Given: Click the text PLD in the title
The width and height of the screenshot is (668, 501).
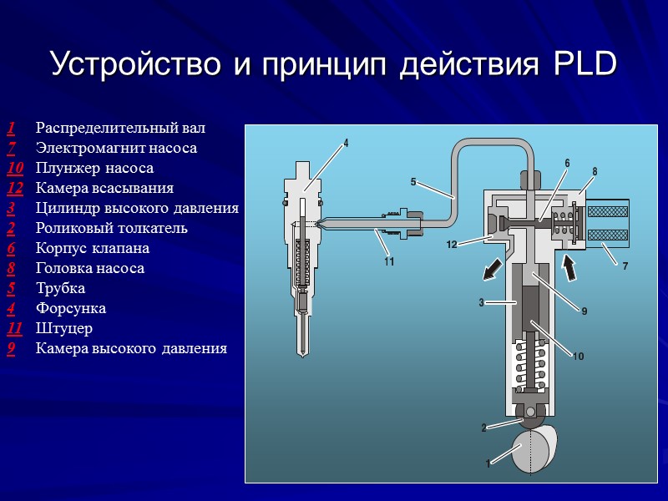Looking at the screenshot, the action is (585, 64).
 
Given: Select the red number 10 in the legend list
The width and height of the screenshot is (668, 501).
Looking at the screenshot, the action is (15, 168).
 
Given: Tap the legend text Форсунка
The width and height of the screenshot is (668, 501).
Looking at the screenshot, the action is (71, 308).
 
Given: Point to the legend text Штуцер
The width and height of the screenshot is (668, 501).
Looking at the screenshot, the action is (64, 328).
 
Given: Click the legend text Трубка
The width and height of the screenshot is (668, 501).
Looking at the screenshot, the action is (60, 288).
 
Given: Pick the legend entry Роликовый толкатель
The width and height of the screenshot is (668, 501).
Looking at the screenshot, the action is (112, 228).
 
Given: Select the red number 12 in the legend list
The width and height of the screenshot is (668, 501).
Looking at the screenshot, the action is (15, 188).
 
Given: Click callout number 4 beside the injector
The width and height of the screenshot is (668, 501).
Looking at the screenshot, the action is (346, 143).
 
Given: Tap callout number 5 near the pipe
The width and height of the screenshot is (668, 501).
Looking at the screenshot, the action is (413, 182).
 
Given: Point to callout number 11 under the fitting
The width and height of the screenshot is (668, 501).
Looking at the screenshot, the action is (389, 261).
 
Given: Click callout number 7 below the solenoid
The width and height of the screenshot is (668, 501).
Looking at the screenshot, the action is (625, 266).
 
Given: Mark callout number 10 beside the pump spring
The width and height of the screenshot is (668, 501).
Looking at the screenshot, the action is (578, 356).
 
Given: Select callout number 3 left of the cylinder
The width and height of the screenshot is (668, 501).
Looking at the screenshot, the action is (482, 302).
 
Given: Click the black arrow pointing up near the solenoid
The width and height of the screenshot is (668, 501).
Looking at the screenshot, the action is (569, 267).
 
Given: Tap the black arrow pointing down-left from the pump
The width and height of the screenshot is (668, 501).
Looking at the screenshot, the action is (493, 270).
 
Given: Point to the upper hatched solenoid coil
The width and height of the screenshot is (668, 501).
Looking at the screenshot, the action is (608, 212).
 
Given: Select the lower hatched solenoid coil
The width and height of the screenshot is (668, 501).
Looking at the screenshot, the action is (608, 235).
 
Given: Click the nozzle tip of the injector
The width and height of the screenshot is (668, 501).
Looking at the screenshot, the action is (302, 352).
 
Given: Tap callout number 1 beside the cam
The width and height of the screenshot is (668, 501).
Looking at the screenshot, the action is (488, 463).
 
